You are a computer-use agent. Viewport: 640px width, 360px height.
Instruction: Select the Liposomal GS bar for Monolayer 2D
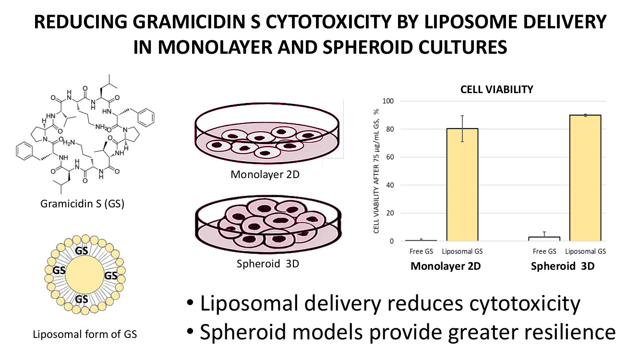tap(462, 185)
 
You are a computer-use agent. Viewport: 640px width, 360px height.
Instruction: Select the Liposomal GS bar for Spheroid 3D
tap(585, 178)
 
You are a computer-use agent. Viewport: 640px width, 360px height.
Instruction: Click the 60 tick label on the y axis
tap(388, 157)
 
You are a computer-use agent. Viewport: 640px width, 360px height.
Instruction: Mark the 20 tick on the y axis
tap(388, 213)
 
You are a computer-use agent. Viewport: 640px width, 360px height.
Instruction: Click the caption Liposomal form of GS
tap(85, 334)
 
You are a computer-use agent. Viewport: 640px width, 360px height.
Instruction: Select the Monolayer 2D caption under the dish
tap(265, 174)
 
